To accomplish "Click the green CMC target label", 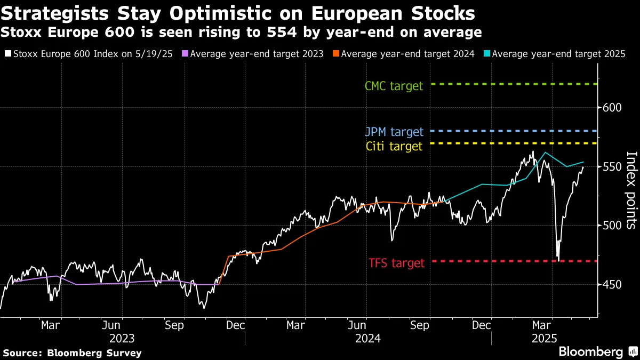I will tap(394, 85).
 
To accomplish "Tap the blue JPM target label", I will tap(395, 132).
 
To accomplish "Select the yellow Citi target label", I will tap(394, 146).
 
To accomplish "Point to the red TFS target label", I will tap(396, 263).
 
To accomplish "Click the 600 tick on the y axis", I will tap(609, 108).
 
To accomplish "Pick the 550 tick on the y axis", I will tap(609, 167).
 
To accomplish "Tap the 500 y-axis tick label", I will tap(609, 226).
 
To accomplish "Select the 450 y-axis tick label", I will tap(609, 285).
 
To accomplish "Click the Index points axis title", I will tap(631, 189).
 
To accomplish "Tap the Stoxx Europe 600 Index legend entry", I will tap(90, 54).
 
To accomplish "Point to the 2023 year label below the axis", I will tap(122, 338).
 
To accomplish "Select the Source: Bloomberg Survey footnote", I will tap(73, 353).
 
